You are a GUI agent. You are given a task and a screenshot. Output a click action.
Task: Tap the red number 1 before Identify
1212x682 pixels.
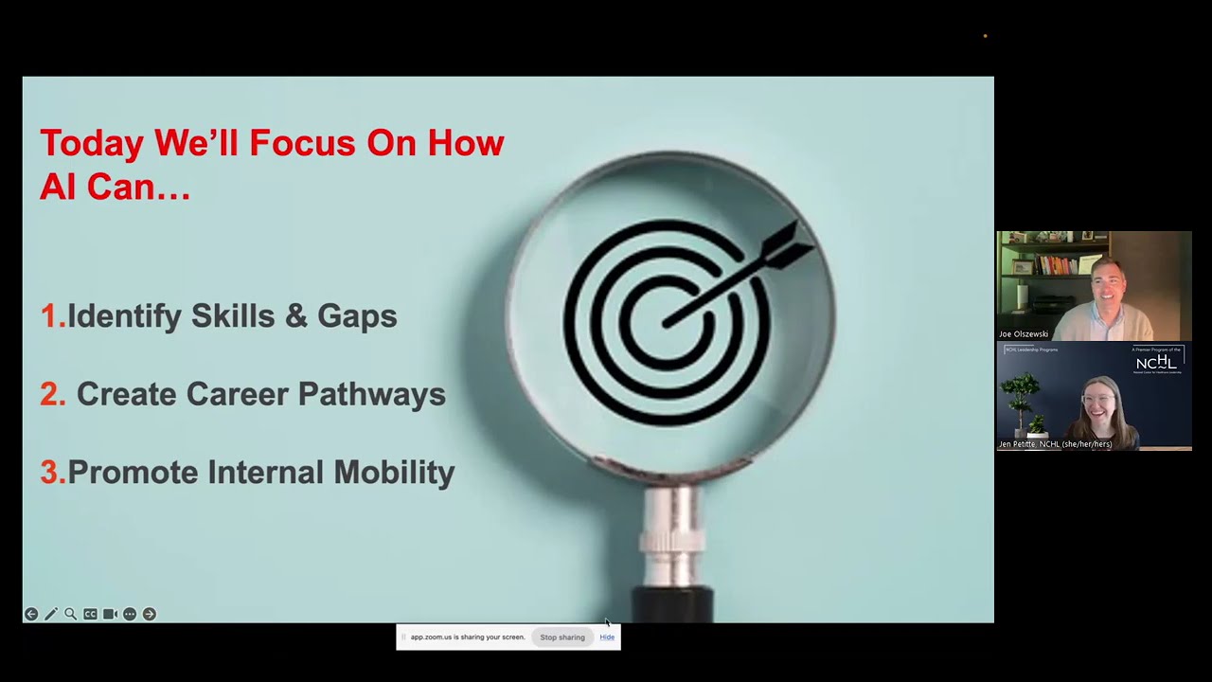pos(48,316)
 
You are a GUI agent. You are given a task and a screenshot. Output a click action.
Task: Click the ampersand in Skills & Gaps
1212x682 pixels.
pos(296,316)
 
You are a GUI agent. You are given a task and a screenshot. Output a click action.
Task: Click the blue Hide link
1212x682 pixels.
pos(607,637)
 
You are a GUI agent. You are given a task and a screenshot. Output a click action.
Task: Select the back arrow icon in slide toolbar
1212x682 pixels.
pos(31,614)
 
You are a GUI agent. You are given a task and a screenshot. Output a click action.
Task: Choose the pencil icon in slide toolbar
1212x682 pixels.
pos(51,614)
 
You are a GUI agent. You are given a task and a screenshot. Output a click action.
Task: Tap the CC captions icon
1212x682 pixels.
pos(90,614)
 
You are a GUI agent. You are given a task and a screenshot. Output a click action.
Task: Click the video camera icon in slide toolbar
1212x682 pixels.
pos(110,614)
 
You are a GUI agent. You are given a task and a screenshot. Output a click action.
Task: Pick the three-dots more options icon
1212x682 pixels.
pos(130,614)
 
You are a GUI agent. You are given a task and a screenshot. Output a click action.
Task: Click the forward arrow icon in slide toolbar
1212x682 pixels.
pos(150,614)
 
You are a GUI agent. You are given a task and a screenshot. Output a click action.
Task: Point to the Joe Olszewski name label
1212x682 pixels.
pos(1024,334)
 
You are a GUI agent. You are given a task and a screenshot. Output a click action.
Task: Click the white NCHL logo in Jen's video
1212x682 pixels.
pos(1156,363)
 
